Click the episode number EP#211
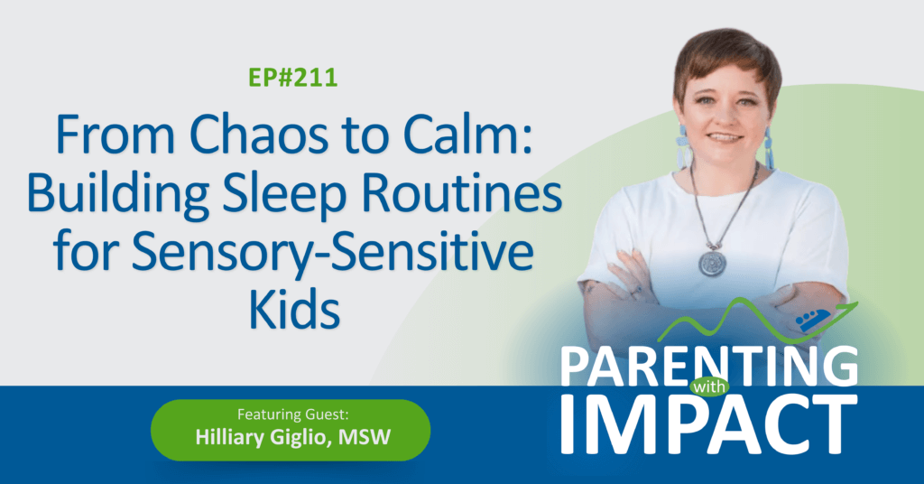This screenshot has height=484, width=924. click(293, 78)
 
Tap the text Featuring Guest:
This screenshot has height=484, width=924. click(293, 414)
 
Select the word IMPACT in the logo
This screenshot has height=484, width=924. click(709, 425)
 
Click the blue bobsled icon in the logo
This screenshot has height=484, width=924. click(814, 321)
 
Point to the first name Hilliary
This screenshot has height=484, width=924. click(230, 438)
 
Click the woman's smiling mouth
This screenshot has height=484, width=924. click(725, 138)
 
